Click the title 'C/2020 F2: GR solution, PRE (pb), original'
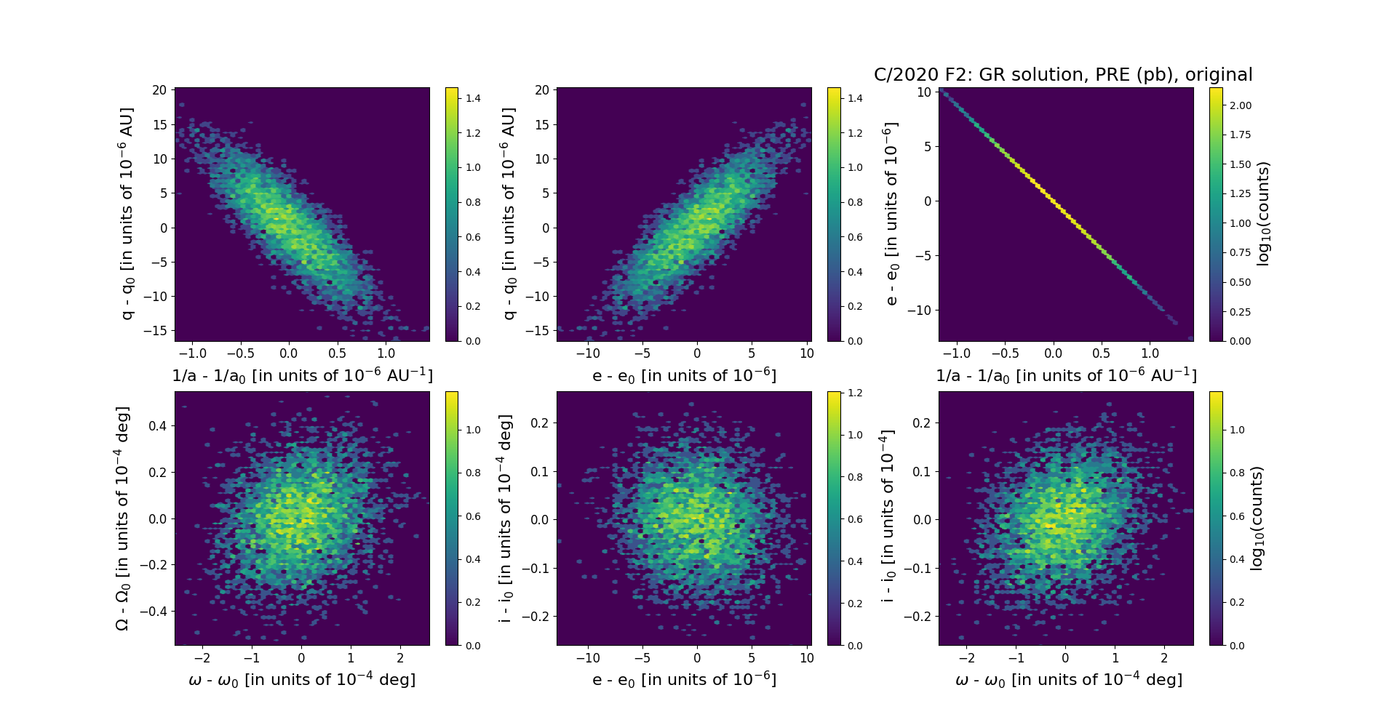pos(1063,75)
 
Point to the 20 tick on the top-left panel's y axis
pos(159,90)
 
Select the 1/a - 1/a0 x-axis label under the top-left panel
pos(302,375)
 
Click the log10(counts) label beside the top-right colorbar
pos(1263,214)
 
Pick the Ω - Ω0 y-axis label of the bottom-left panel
pos(123,518)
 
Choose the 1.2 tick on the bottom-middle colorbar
pos(855,393)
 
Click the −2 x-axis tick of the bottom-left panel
pos(202,658)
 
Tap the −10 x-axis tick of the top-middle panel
pos(588,353)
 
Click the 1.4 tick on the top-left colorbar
pos(473,98)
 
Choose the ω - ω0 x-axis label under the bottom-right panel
pos(1068,679)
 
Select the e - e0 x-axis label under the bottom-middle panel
pos(684,679)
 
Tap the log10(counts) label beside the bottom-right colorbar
pos(1257,518)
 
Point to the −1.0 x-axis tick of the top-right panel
pos(956,353)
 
